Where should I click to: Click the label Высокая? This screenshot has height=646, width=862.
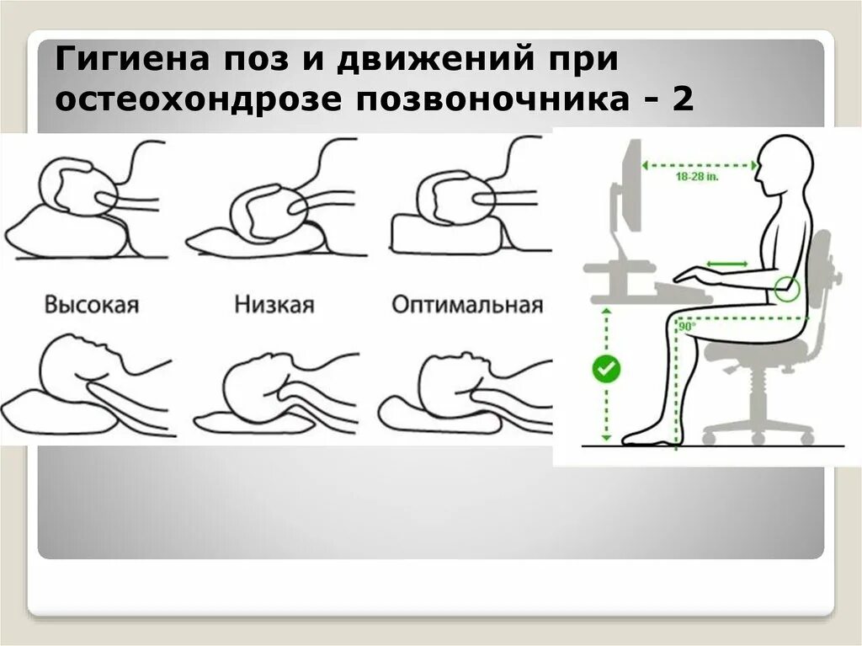pos(91,304)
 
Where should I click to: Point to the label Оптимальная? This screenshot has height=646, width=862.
pos(467,304)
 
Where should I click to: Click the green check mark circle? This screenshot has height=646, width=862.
pos(605,369)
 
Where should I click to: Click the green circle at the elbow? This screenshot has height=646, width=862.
pos(784,289)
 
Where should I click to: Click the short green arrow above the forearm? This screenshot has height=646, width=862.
pos(726,264)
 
